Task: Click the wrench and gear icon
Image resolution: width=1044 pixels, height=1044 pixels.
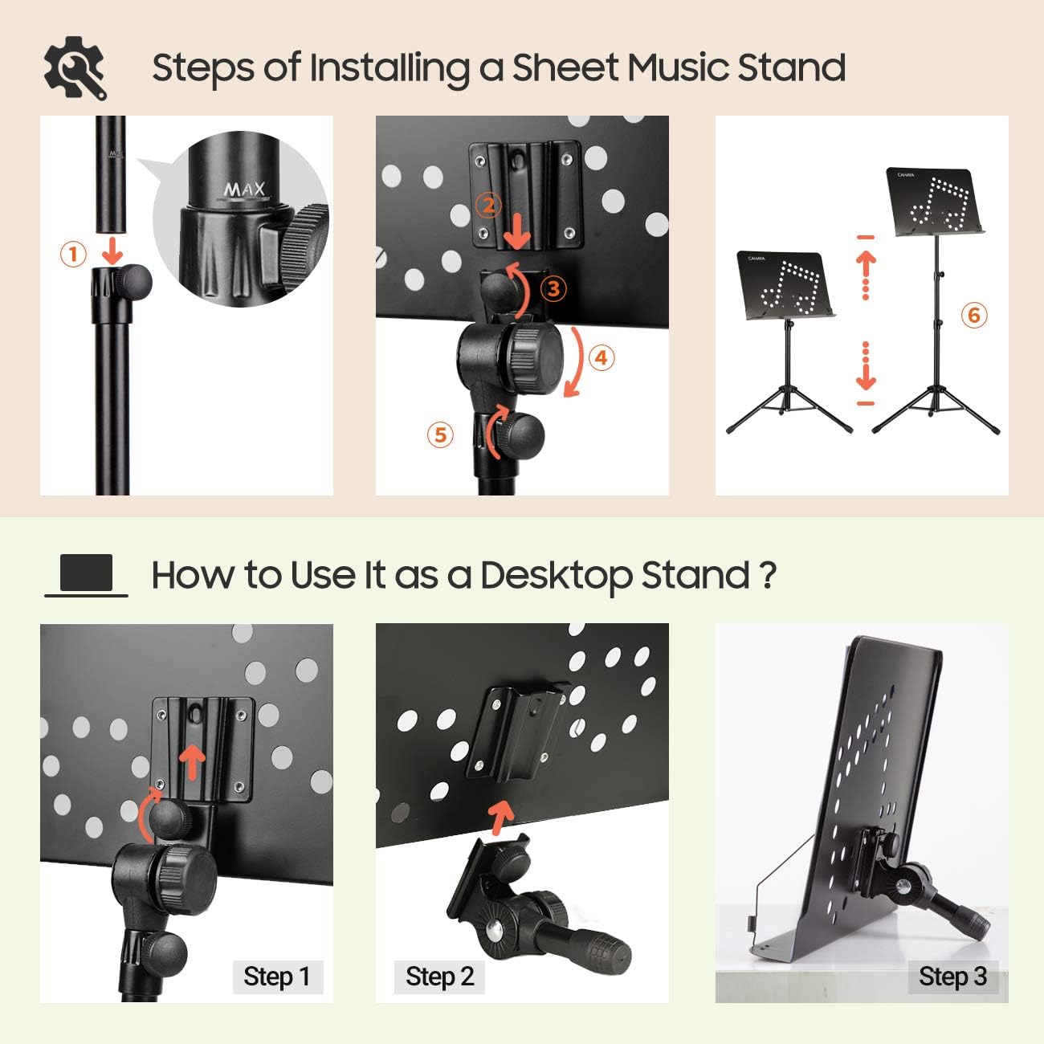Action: pos(75,67)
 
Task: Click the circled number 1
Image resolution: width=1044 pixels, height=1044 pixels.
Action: pos(73,255)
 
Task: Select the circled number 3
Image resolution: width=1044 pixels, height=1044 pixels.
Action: pos(553,288)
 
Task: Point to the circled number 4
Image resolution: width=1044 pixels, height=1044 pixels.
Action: pos(602,357)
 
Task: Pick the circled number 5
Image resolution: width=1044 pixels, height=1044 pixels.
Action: pos(440,434)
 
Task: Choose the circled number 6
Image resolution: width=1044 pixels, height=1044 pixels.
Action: pos(974,315)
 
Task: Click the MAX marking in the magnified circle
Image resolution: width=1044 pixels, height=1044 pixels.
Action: pos(243,190)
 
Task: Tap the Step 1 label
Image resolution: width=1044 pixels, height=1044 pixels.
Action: pos(277,977)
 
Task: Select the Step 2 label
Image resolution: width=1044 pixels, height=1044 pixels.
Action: pos(439,977)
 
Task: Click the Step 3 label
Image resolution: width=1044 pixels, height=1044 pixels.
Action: pos(952,977)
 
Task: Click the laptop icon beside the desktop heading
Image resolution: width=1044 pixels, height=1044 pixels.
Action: pos(86,575)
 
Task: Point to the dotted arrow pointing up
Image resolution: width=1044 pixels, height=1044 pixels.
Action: pos(866,273)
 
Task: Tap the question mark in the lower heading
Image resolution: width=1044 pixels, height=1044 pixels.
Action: pos(767,575)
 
